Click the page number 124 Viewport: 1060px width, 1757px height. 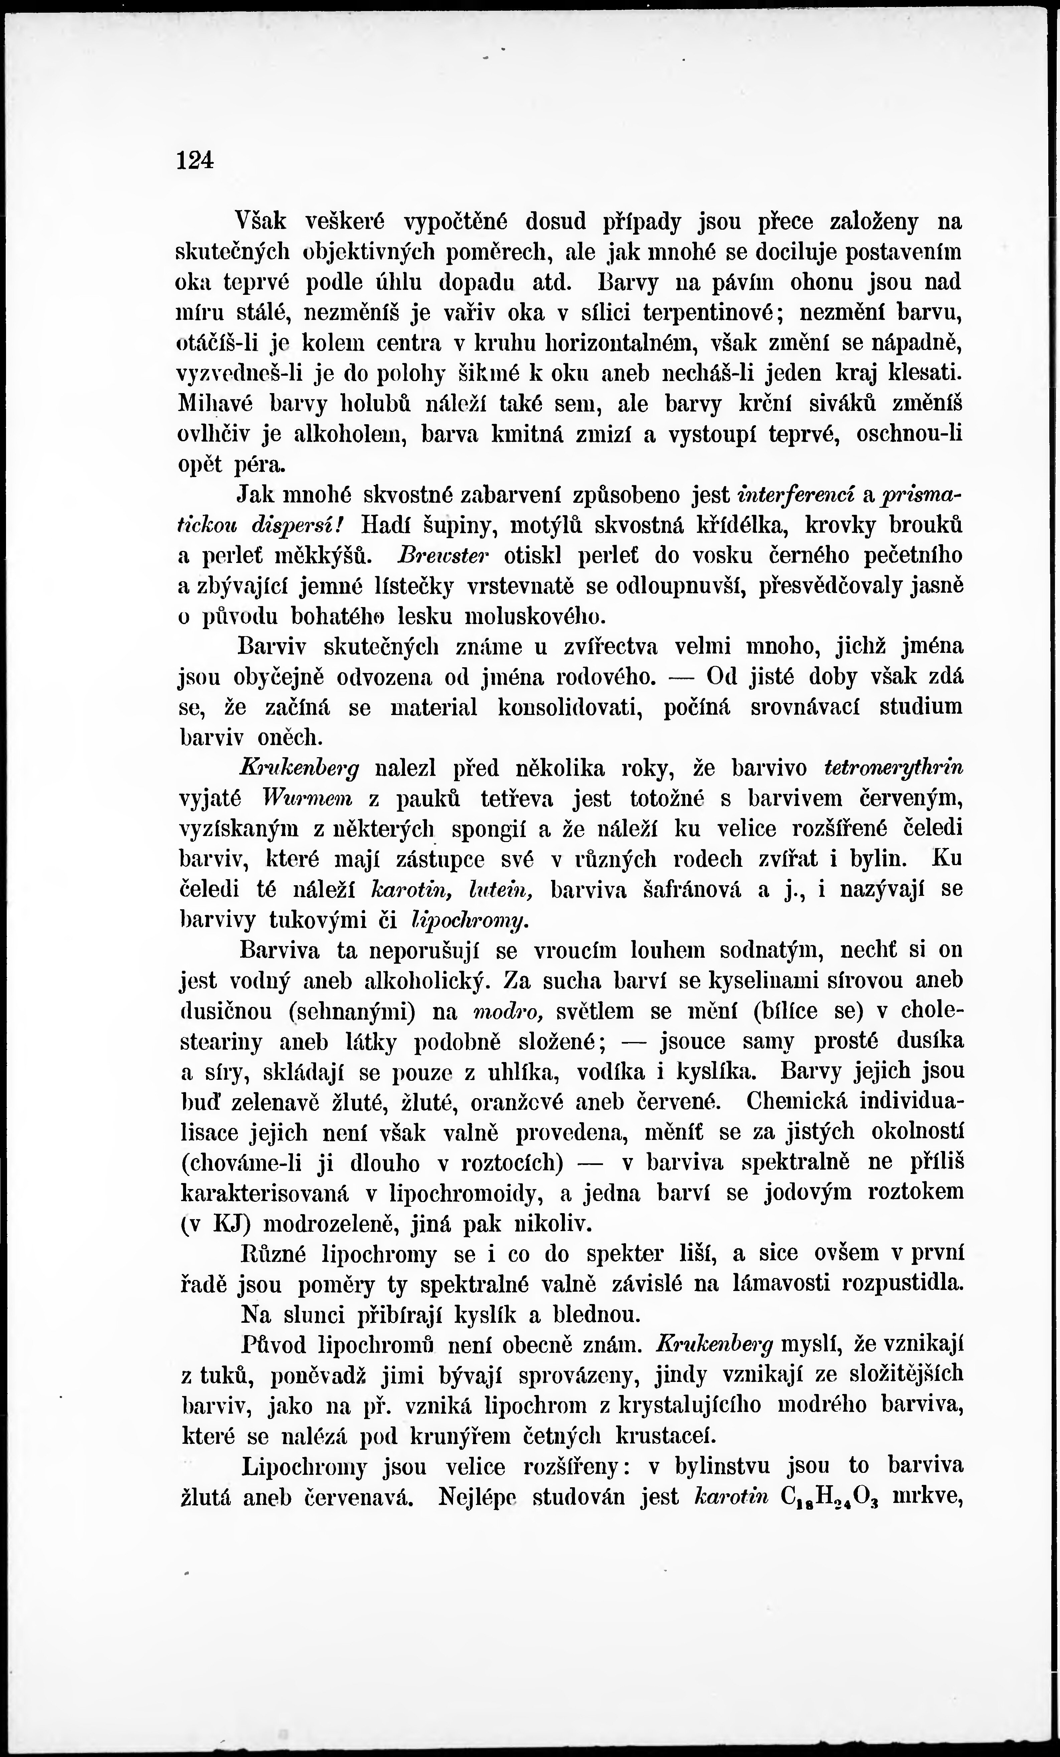(x=195, y=160)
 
